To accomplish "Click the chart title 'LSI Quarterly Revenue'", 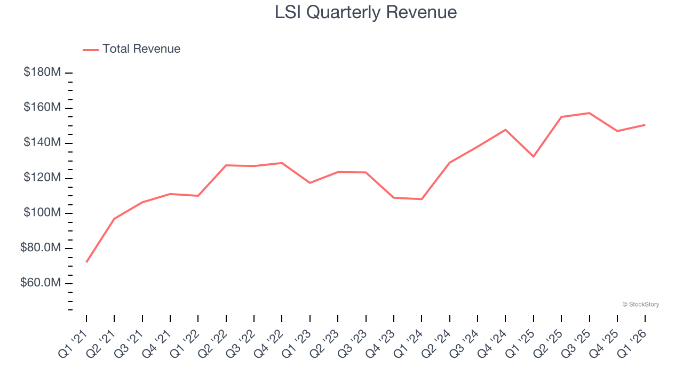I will (x=366, y=12).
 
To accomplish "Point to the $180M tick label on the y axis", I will (x=42, y=72).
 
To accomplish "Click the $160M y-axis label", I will (x=42, y=108).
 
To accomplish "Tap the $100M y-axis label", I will (x=42, y=213).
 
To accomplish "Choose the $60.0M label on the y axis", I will (x=41, y=283).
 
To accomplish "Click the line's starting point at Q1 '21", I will (x=86, y=262).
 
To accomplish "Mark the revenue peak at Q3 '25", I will (x=589, y=113).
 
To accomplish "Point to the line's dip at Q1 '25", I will (x=533, y=156).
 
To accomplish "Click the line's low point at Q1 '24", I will (x=422, y=199).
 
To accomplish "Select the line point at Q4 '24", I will (x=505, y=130).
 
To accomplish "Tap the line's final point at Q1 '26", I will (x=645, y=125).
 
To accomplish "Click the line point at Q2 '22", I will (x=226, y=165).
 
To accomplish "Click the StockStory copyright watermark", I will (x=640, y=305).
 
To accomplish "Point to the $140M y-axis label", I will (x=42, y=143).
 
